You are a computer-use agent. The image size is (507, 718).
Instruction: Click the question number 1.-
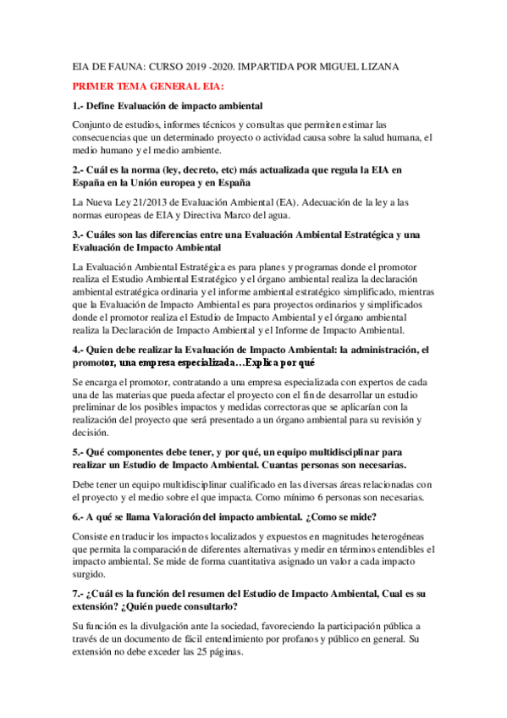pyautogui.click(x=79, y=105)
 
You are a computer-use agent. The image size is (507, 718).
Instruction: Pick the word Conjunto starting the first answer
pyautogui.click(x=94, y=124)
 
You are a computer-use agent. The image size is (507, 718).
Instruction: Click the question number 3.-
pyautogui.click(x=79, y=234)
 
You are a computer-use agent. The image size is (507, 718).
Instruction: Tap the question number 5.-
pyautogui.click(x=79, y=452)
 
